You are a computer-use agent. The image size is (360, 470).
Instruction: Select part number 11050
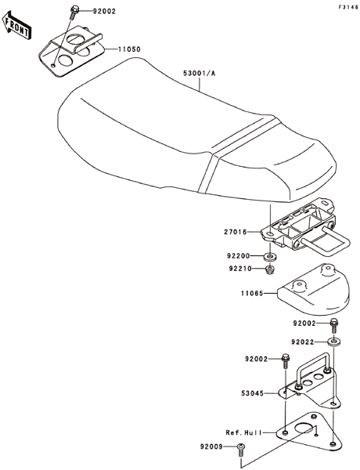[129, 49]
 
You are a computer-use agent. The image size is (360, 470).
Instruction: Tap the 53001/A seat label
[199, 74]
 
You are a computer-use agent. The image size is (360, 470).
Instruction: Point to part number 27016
[236, 232]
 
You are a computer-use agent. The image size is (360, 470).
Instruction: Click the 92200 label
[238, 256]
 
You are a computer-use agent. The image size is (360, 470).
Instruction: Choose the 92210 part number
[240, 269]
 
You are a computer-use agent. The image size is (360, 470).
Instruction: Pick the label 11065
[252, 294]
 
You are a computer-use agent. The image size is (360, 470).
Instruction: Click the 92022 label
[303, 342]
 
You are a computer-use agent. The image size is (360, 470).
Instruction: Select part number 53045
[253, 393]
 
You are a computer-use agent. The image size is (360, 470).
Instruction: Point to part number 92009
[211, 447]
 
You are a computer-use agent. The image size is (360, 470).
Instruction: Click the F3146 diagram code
[348, 7]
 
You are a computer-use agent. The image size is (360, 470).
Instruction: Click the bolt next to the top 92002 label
[74, 12]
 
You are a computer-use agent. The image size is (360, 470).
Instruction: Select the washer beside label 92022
[333, 342]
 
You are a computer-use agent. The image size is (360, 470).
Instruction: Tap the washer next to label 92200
[271, 257]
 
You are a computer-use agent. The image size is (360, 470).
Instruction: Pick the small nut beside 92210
[270, 269]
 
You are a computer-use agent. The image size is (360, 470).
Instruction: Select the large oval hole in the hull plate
[304, 428]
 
